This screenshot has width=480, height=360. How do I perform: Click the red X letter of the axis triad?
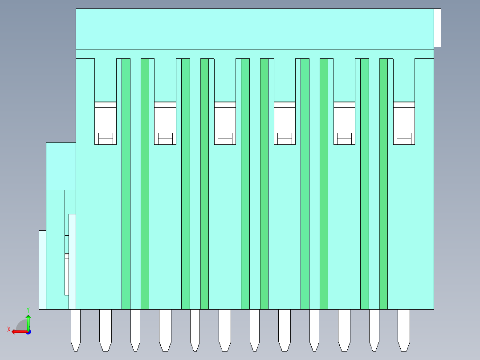click(x=9, y=329)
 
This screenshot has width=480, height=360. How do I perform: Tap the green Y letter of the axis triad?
click(x=28, y=310)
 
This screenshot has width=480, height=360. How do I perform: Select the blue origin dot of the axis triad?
click(x=28, y=332)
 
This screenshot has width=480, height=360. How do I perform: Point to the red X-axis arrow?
click(x=20, y=332)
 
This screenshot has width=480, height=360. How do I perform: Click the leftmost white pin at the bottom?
click(x=76, y=330)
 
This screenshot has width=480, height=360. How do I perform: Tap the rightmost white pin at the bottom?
click(x=404, y=330)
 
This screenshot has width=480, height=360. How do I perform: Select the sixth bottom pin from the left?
click(x=225, y=330)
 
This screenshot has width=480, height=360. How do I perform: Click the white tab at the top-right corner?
click(x=437, y=28)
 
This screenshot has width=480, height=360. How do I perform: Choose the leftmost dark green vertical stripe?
click(x=126, y=184)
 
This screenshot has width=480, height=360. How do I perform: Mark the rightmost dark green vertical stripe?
click(x=383, y=184)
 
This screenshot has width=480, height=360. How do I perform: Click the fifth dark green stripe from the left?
click(x=245, y=184)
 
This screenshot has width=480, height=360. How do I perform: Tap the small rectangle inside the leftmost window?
click(x=106, y=139)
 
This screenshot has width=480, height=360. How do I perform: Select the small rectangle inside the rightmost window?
click(x=404, y=139)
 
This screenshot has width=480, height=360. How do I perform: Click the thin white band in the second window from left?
click(x=165, y=105)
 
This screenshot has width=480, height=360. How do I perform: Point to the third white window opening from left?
click(x=225, y=123)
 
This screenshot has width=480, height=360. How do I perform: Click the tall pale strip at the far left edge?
click(x=43, y=270)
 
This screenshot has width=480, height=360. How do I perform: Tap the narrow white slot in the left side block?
click(x=67, y=274)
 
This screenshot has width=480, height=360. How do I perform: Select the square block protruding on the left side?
click(x=61, y=166)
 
